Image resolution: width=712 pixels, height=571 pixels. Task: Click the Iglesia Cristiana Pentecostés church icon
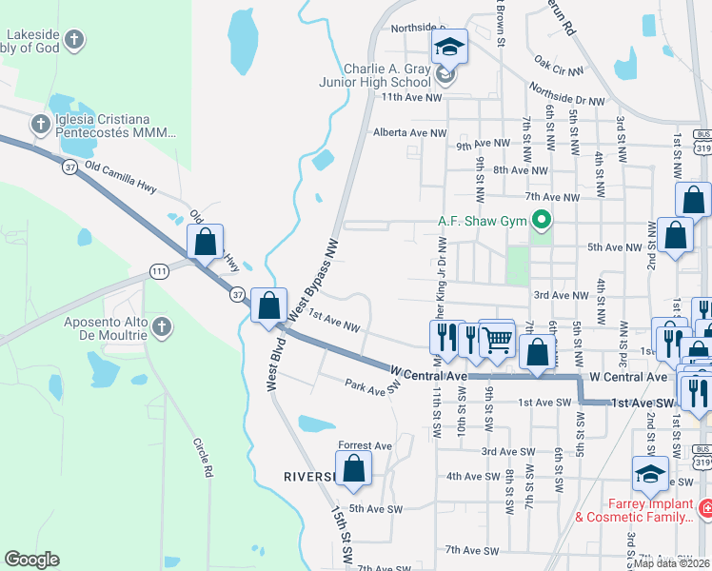(40, 124)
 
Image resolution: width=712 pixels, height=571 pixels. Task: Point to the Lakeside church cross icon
(75, 40)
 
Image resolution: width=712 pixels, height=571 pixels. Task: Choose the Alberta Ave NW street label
(409, 133)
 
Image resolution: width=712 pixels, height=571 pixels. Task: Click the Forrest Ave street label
(366, 445)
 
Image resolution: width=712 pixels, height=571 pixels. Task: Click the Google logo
(32, 560)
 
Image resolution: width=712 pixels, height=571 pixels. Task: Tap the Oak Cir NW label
(558, 69)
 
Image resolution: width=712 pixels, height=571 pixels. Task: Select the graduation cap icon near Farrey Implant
(650, 473)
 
